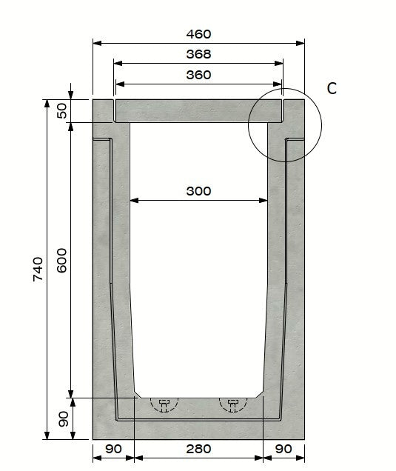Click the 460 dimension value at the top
[198, 34]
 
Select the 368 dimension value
[198, 54]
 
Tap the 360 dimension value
[198, 75]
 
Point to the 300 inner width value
[198, 191]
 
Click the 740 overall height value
[38, 269]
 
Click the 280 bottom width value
[198, 449]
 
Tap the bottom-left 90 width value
[113, 449]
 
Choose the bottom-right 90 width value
[283, 449]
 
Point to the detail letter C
[332, 89]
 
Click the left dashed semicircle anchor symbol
[164, 404]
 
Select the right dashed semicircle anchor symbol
[233, 404]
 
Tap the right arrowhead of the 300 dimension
[264, 199]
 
